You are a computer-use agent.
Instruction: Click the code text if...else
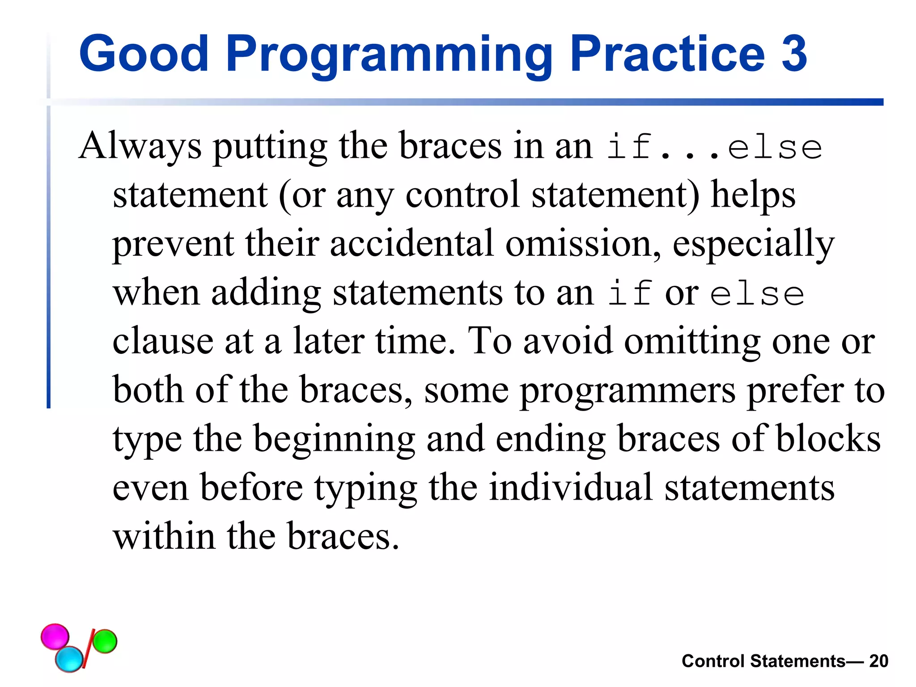point(714,147)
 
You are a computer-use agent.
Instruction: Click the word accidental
point(412,243)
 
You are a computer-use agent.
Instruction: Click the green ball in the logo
point(105,641)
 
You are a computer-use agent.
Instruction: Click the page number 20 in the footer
point(878,661)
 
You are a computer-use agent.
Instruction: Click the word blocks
point(828,439)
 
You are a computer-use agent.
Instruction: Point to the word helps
point(753,195)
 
